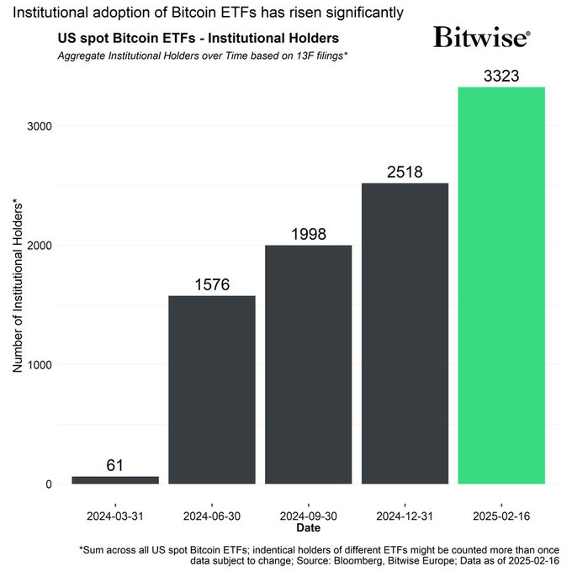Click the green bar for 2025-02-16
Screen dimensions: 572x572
(500, 285)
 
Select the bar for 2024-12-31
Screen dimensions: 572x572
(405, 333)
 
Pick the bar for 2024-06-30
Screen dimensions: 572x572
(212, 389)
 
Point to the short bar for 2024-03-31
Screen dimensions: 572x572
(115, 479)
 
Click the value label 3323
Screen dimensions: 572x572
(500, 76)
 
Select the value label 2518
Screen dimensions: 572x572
(405, 172)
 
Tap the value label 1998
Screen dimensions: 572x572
(308, 234)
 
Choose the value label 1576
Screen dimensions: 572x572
(212, 284)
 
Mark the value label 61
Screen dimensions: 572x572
(115, 465)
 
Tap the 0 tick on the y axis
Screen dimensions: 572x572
(50, 485)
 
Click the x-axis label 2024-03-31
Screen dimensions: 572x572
(115, 513)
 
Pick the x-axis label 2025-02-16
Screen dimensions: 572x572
(500, 513)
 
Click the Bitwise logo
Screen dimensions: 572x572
(481, 38)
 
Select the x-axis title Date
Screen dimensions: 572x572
(308, 527)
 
